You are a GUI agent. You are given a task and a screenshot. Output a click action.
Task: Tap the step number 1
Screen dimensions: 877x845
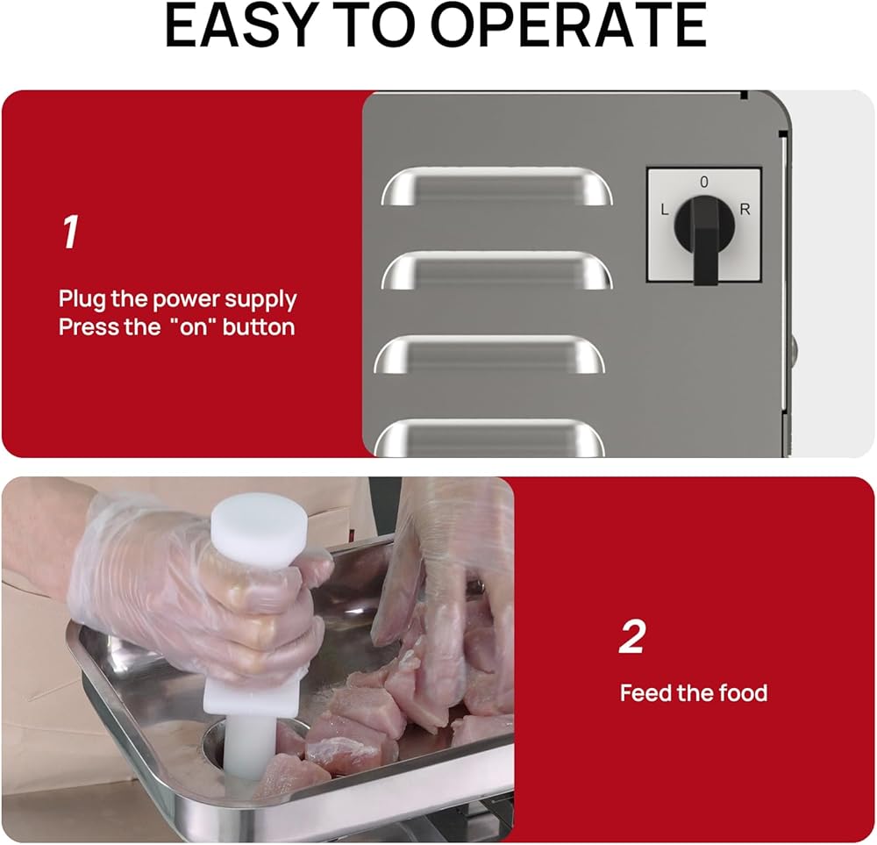click(x=70, y=232)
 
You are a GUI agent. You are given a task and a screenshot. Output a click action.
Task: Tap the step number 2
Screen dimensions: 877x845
click(x=632, y=636)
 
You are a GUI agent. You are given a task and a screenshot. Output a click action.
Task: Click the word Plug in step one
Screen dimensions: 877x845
click(x=82, y=300)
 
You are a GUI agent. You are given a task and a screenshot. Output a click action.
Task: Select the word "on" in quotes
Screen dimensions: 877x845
click(x=192, y=326)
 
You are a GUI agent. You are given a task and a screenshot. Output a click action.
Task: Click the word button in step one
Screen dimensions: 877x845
click(x=259, y=326)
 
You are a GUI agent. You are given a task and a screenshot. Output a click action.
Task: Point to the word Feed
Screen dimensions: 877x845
click(x=645, y=693)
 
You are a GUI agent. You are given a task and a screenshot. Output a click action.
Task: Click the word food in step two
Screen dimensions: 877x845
click(x=743, y=693)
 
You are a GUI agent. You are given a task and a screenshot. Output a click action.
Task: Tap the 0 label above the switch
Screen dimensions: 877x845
click(x=703, y=182)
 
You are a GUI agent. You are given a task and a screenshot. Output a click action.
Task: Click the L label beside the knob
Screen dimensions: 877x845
click(x=665, y=210)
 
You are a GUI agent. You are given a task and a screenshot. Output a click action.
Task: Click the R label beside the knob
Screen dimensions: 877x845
click(x=745, y=210)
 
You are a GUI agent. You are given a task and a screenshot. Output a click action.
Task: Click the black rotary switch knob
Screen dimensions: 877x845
click(x=705, y=229)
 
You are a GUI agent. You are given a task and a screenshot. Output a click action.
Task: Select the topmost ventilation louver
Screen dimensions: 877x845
click(x=496, y=186)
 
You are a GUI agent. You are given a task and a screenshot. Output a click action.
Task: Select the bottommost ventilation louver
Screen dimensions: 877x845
click(x=489, y=438)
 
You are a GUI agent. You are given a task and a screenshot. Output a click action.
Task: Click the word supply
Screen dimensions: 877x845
click(x=260, y=300)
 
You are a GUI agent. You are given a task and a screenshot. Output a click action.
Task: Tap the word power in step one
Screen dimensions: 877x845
click(x=186, y=301)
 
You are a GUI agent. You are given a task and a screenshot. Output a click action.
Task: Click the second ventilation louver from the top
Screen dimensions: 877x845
click(x=496, y=270)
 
